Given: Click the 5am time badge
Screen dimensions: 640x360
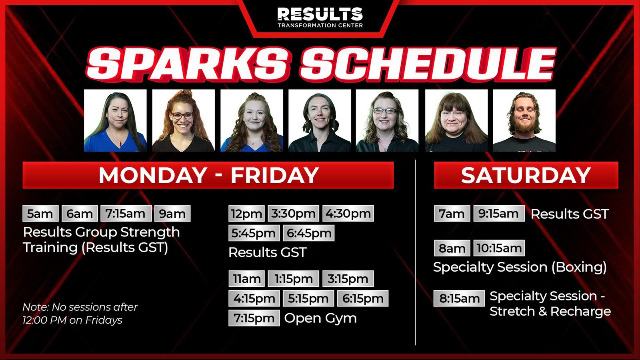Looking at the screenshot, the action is [x=40, y=214].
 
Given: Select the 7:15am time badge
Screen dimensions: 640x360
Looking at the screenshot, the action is [x=126, y=214].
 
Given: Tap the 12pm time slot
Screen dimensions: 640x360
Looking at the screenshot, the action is [x=246, y=214].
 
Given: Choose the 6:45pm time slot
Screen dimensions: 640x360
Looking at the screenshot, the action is [x=308, y=233].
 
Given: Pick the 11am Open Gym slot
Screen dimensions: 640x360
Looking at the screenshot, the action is [x=246, y=278].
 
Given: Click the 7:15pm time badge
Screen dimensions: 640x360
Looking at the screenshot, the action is [x=254, y=318].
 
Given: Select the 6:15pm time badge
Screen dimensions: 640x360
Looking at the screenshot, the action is [x=363, y=298].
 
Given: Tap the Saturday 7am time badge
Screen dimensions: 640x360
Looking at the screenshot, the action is [x=452, y=214].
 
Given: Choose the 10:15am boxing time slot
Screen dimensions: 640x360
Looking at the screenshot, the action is [x=499, y=248].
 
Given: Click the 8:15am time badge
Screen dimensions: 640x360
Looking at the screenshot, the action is [x=459, y=298].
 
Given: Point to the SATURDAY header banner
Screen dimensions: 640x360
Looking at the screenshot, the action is [x=526, y=175].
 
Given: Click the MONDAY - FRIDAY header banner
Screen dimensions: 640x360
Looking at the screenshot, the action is [x=208, y=175].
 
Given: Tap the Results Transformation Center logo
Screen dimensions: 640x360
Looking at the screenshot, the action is [x=320, y=17].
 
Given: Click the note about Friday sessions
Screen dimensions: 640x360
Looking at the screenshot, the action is [x=80, y=314].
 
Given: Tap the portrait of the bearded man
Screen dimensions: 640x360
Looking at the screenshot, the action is [x=524, y=120].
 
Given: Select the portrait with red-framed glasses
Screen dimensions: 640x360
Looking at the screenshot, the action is [x=184, y=120].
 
